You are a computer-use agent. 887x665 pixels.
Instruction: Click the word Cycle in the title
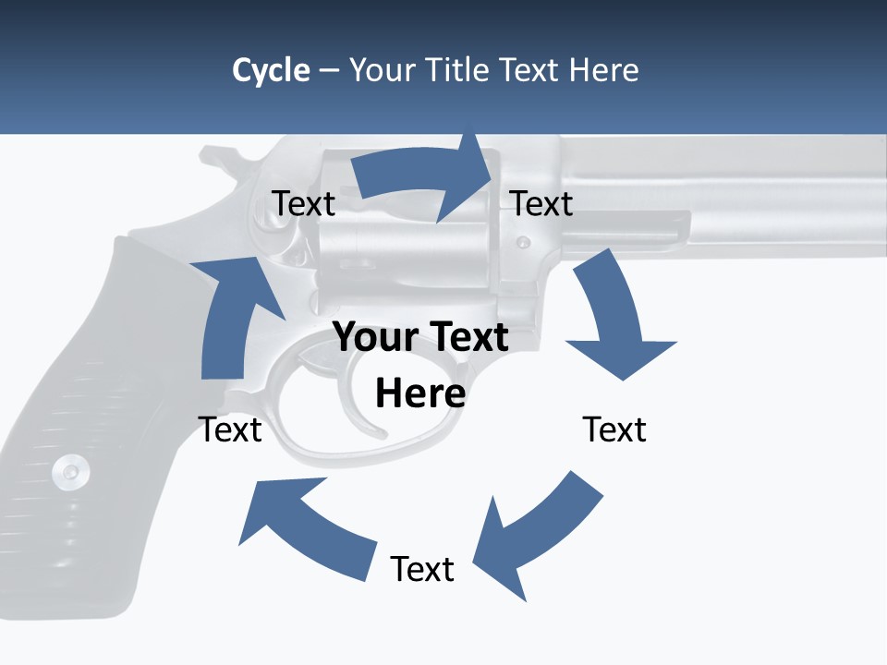coord(271,70)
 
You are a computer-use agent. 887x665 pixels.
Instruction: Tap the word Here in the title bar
coord(604,70)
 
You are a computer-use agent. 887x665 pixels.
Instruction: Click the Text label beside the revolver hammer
coord(304,204)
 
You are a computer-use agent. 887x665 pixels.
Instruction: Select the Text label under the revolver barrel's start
coord(541,204)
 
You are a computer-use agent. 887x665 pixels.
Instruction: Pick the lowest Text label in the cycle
coord(422,570)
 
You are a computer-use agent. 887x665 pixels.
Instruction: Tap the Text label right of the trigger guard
coord(614,429)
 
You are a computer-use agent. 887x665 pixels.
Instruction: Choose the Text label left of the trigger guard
coord(230,429)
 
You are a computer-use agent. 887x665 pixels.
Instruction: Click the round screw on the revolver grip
coord(71,472)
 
